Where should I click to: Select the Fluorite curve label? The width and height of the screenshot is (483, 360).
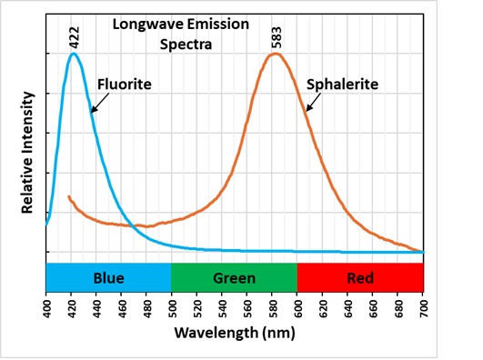point(124,84)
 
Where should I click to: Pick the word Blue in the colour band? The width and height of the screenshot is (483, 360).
point(108,277)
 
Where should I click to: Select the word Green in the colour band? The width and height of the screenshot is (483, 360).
point(235,277)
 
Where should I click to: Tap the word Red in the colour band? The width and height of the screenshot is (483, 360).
point(360,277)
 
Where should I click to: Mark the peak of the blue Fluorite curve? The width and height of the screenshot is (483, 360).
point(74,54)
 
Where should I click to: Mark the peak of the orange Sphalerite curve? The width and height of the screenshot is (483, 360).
point(274,54)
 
